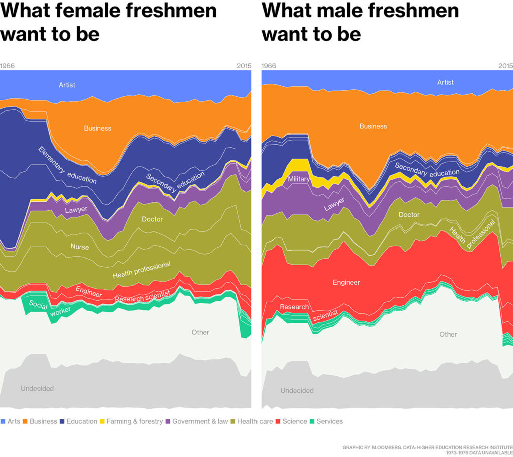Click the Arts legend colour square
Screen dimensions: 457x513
click(x=3, y=421)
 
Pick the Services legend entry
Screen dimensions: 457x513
click(x=329, y=421)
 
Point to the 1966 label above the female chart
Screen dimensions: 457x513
click(x=7, y=66)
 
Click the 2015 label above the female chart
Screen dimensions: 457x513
click(x=244, y=66)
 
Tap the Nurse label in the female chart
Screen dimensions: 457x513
click(x=79, y=247)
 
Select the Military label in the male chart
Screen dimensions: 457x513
click(x=298, y=179)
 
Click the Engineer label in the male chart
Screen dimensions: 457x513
click(x=346, y=282)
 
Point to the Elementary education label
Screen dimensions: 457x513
click(x=67, y=165)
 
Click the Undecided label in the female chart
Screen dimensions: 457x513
click(x=37, y=388)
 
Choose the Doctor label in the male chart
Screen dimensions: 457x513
click(x=409, y=215)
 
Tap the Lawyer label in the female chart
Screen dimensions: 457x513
click(x=76, y=210)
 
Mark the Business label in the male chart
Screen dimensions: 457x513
click(x=373, y=126)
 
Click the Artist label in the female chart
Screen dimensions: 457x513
click(x=67, y=85)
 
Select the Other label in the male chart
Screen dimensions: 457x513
click(x=448, y=334)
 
